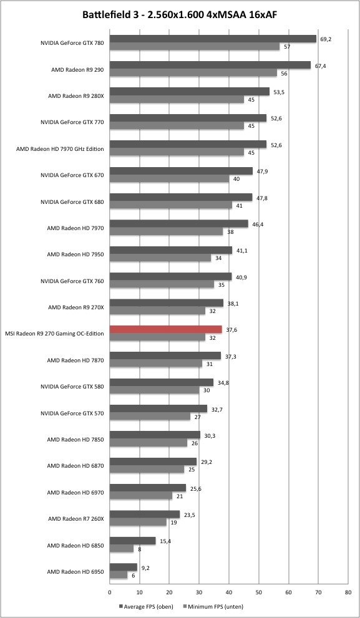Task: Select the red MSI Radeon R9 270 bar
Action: [x=165, y=329]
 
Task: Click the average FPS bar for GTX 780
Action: [x=213, y=39]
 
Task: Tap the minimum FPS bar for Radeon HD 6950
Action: [x=119, y=575]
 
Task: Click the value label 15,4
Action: [x=165, y=541]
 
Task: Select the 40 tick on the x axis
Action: [x=229, y=592]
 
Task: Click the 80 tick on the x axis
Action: [x=348, y=592]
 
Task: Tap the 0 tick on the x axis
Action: [x=110, y=592]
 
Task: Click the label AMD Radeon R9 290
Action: [x=77, y=70]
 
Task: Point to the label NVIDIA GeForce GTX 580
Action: [x=72, y=387]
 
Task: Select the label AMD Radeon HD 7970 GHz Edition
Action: [x=60, y=149]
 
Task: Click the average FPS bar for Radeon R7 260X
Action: [x=145, y=514]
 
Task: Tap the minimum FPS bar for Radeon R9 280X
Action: [x=177, y=100]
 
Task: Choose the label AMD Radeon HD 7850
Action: [x=75, y=439]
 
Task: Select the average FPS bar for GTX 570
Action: [x=158, y=408]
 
